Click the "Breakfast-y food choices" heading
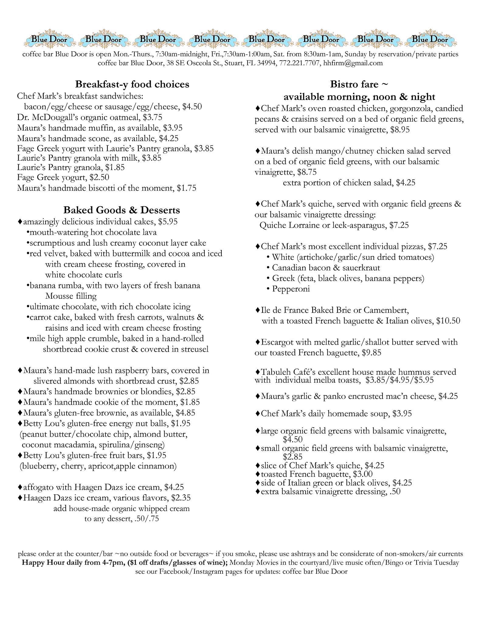(x=132, y=84)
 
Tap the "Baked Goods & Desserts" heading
(x=122, y=210)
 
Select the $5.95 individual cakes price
(x=168, y=222)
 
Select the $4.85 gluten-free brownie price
(x=185, y=413)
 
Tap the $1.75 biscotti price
(x=186, y=188)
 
